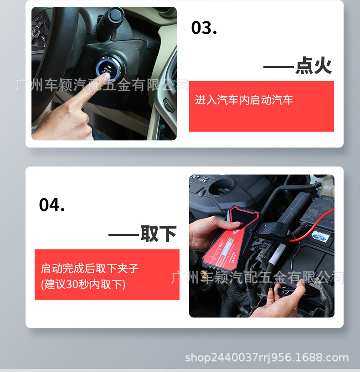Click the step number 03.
[204, 28]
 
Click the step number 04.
[52, 205]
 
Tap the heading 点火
[313, 66]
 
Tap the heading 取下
[158, 234]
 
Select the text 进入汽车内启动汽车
[244, 100]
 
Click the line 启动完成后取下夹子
[90, 268]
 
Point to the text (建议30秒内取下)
[83, 285]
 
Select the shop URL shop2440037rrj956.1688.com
[267, 358]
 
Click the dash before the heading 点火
[278, 67]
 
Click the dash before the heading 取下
[123, 235]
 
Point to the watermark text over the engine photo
[257, 277]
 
